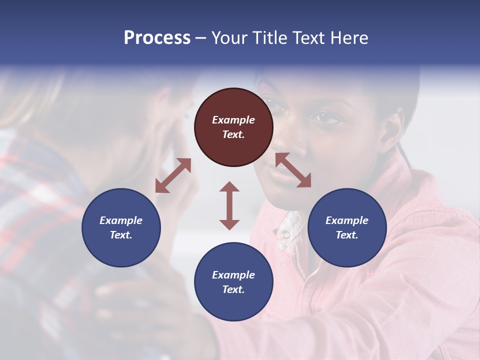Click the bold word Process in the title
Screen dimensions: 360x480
157,38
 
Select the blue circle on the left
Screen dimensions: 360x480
121,227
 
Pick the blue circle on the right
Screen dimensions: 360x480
347,227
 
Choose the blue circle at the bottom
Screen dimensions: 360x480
233,282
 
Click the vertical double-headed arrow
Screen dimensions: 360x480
229,205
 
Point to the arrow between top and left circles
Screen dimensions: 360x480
173,175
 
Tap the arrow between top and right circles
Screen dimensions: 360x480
293,170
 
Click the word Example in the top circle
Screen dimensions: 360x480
233,120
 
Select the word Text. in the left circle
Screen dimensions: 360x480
121,235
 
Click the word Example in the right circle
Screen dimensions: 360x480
347,220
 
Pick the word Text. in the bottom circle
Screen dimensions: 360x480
233,289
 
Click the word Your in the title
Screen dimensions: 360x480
228,38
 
